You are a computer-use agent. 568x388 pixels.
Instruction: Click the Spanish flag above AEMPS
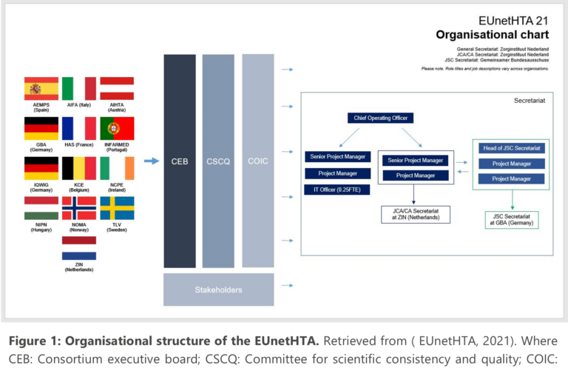[x=41, y=88]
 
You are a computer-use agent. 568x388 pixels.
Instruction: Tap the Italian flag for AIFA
[x=79, y=88]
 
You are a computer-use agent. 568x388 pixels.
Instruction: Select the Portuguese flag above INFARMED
[x=117, y=128]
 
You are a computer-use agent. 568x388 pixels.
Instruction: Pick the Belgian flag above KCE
[x=79, y=168]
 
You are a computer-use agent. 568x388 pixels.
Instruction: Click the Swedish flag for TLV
[x=117, y=208]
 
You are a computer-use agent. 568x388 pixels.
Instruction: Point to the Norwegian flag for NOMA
[x=79, y=208]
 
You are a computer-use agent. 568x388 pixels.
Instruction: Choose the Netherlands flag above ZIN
[x=79, y=248]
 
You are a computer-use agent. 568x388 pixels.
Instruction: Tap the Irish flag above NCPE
[x=117, y=168]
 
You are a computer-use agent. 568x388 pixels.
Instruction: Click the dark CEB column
[x=180, y=161]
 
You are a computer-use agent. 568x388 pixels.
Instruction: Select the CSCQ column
[x=218, y=161]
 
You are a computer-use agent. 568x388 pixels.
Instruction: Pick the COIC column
[x=257, y=161]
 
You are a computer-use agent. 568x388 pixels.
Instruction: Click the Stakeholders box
[x=218, y=290]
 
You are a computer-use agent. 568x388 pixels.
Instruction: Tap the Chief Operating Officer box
[x=380, y=118]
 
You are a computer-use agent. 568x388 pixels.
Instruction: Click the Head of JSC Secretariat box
[x=511, y=147]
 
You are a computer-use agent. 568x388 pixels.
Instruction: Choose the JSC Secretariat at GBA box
[x=511, y=219]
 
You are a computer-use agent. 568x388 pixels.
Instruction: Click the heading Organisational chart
[x=492, y=34]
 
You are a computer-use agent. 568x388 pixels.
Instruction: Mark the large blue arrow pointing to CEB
[x=151, y=161]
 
